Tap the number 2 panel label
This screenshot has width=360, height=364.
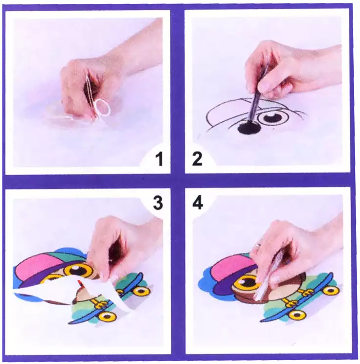(197, 159)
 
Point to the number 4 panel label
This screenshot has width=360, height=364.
(198, 203)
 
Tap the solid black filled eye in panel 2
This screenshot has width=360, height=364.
(249, 128)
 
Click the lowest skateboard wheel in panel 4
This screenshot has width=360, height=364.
(295, 315)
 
